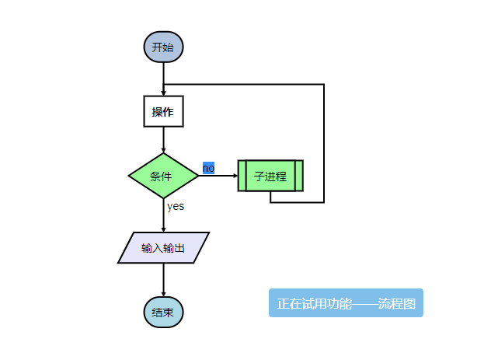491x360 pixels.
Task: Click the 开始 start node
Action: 163,47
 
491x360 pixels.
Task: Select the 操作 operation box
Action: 163,111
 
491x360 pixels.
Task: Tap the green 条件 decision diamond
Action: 163,176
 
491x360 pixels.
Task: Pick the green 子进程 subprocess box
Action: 270,176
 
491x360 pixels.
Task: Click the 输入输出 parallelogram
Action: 163,248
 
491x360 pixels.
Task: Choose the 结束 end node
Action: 163,312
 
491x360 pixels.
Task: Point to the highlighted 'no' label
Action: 208,168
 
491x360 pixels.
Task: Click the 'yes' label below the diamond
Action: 176,206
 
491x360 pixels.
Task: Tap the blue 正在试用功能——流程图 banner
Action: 346,303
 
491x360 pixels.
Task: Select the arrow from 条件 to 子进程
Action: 218,176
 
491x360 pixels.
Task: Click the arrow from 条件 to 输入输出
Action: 163,215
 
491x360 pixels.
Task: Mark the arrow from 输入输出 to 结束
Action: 163,280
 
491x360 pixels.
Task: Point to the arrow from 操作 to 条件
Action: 163,140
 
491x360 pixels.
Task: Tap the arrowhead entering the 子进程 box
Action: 235,176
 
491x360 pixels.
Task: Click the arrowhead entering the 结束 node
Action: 163,293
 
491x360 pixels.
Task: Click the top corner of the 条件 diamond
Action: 163,154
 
